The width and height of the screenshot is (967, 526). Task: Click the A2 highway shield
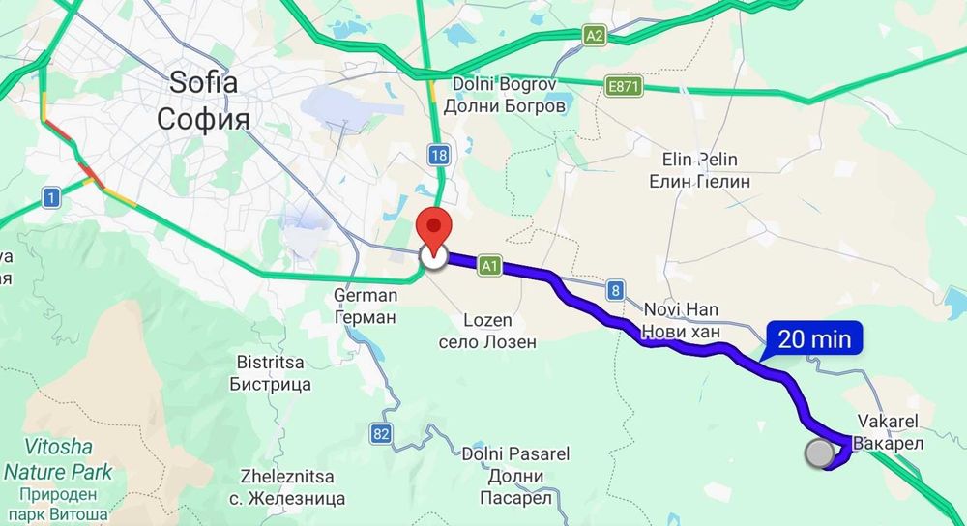pyautogui.click(x=595, y=36)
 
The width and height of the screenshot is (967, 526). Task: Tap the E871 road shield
pyautogui.click(x=624, y=88)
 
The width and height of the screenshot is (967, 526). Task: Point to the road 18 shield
pyautogui.click(x=440, y=155)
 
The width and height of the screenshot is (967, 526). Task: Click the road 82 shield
pyautogui.click(x=381, y=435)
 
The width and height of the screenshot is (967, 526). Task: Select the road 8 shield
pyautogui.click(x=615, y=288)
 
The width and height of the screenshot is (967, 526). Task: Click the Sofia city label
pyautogui.click(x=203, y=99)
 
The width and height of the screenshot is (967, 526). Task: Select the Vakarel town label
pyautogui.click(x=886, y=431)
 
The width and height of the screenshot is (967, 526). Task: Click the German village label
pyautogui.click(x=365, y=306)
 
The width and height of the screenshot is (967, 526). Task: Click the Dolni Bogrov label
pyautogui.click(x=504, y=95)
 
